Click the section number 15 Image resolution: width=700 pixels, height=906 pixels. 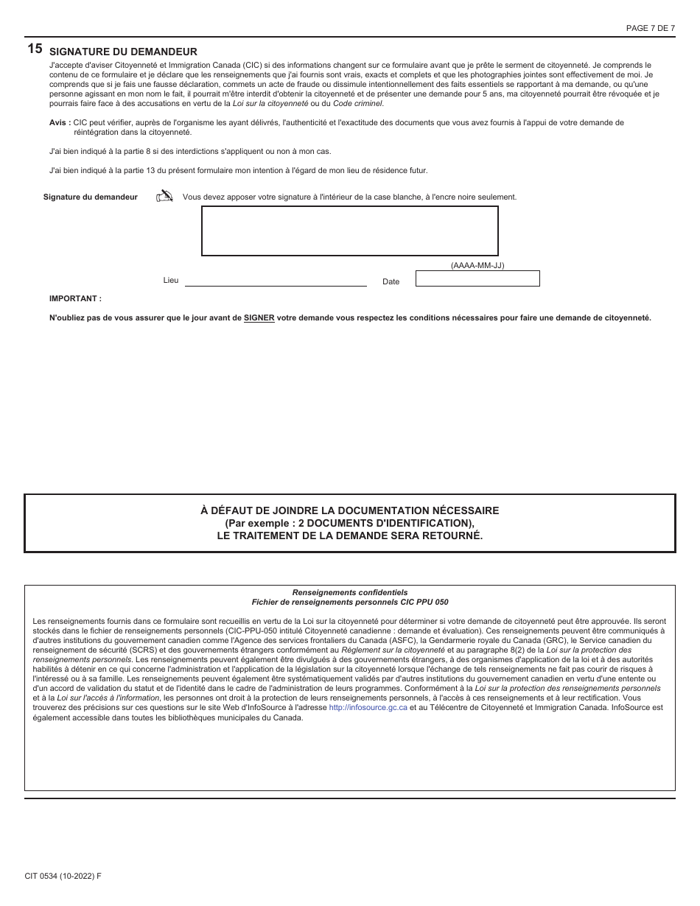pyautogui.click(x=35, y=49)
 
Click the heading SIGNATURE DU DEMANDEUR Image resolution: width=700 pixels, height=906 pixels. pyautogui.click(x=123, y=52)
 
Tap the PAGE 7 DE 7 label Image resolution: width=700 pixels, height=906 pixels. pyautogui.click(x=650, y=28)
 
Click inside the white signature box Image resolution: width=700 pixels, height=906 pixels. pyautogui.click(x=350, y=231)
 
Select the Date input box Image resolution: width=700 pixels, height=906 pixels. pyautogui.click(x=477, y=278)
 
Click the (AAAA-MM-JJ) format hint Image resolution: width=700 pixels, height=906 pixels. pyautogui.click(x=477, y=265)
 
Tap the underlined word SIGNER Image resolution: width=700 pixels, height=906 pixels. pyautogui.click(x=259, y=318)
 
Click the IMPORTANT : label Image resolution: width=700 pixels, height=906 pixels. pyautogui.click(x=75, y=298)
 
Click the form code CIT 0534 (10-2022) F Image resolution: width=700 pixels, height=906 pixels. pyautogui.click(x=63, y=876)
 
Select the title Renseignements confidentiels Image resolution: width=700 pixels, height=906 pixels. pyautogui.click(x=349, y=592)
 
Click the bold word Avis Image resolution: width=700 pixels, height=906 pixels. pyautogui.click(x=59, y=122)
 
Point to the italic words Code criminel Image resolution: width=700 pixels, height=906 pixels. pyautogui.click(x=358, y=103)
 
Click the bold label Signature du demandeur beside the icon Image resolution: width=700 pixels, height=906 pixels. pyautogui.click(x=91, y=197)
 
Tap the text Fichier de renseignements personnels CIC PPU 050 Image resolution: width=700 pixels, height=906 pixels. pyautogui.click(x=349, y=602)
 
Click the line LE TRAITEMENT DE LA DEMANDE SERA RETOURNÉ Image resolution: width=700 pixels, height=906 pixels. pyautogui.click(x=349, y=535)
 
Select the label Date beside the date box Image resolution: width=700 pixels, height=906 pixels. pyautogui.click(x=391, y=281)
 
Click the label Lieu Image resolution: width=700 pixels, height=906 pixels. pyautogui.click(x=170, y=281)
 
